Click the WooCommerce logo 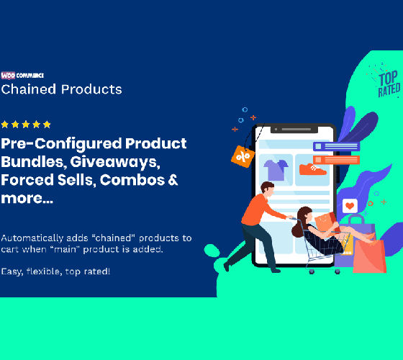point(22,76)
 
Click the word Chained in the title point(29,89)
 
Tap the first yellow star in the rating point(5,125)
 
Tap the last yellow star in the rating point(47,125)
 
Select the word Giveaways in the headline point(115,162)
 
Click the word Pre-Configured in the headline point(61,144)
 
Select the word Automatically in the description point(32,238)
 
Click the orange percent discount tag point(243,156)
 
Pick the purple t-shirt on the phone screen point(276,170)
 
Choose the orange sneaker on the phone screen point(312,169)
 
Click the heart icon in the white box point(350,206)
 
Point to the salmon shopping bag point(369,256)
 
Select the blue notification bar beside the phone point(337,146)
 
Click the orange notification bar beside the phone point(336,160)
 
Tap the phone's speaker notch point(294,129)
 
